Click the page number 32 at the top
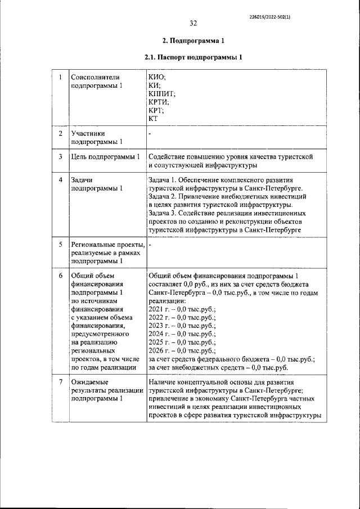pyautogui.click(x=193, y=23)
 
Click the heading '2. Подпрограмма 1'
pyautogui.click(x=193, y=41)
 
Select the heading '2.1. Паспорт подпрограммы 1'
pyautogui.click(x=193, y=58)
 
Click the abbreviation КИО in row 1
pyautogui.click(x=157, y=78)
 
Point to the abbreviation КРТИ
pyautogui.click(x=159, y=102)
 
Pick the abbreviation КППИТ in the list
pyautogui.click(x=162, y=94)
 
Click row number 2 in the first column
pyautogui.click(x=60, y=134)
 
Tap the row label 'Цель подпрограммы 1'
pyautogui.click(x=105, y=156)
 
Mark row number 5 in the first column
pyautogui.click(x=60, y=245)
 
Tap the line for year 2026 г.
pyautogui.click(x=182, y=351)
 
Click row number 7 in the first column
pyautogui.click(x=60, y=382)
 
